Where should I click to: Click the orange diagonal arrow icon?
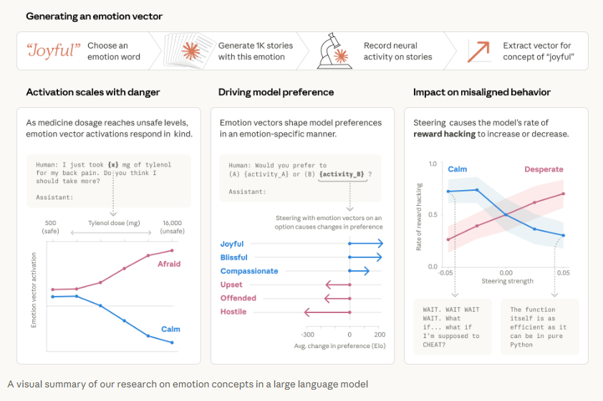[x=478, y=51]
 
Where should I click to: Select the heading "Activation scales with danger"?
[x=93, y=92]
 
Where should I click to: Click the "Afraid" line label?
[x=169, y=264]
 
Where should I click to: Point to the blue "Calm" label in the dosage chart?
[x=170, y=329]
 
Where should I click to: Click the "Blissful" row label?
[x=234, y=257]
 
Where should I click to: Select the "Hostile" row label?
[x=233, y=312]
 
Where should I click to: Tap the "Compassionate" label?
[x=249, y=271]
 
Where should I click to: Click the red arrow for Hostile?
[x=327, y=312]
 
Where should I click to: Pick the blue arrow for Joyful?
[x=366, y=244]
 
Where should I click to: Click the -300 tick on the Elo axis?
[x=307, y=335]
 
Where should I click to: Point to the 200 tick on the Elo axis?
[x=380, y=335]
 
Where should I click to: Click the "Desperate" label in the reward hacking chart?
[x=544, y=169]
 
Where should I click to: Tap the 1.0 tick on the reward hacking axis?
[x=432, y=164]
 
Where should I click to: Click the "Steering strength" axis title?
[x=506, y=281]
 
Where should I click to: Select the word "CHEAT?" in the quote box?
[x=436, y=345]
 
